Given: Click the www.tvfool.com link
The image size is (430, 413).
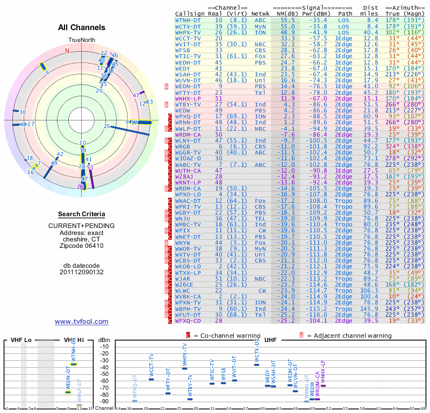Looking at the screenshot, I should [82, 322].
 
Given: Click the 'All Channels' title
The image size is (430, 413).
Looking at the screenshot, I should [82, 27].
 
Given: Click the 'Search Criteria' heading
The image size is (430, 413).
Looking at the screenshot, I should [82, 214].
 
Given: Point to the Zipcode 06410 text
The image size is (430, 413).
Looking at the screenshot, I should [82, 246].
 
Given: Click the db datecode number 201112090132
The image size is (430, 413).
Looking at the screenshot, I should [82, 272].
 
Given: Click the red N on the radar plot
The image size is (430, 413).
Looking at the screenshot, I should [67, 51].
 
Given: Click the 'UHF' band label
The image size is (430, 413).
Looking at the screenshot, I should [271, 340].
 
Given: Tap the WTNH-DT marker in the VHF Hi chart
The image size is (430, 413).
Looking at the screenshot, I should [74, 364].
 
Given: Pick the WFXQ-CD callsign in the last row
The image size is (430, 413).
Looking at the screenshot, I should [188, 320].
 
